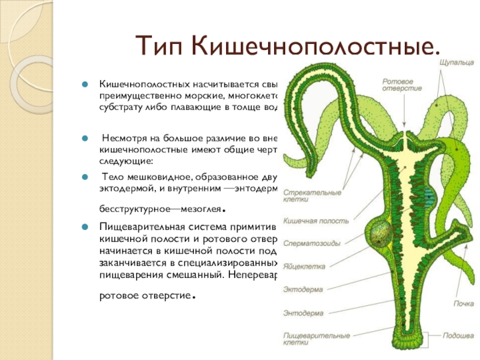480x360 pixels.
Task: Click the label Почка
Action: pos(459,304)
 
